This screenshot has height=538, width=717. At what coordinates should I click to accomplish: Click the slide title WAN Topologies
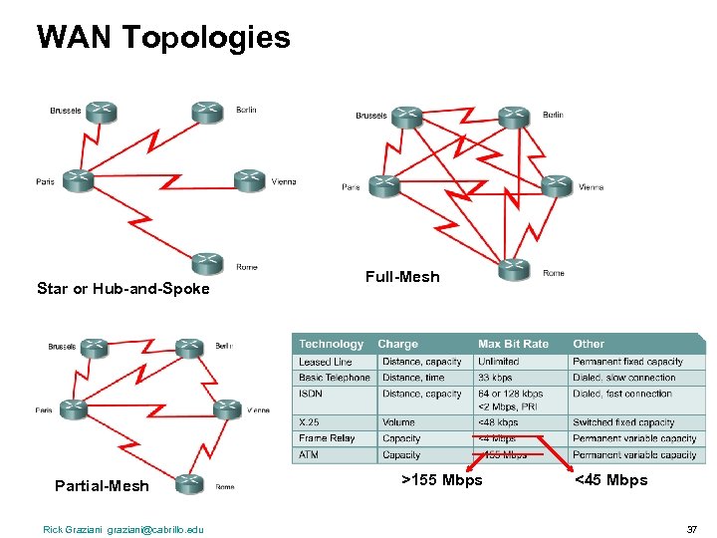(163, 37)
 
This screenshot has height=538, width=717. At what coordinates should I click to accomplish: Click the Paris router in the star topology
(78, 181)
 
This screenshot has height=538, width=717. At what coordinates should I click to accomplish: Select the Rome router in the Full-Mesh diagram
(513, 269)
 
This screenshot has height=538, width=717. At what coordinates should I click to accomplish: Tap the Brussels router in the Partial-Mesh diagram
(93, 348)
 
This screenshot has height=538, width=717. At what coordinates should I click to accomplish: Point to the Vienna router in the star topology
(249, 179)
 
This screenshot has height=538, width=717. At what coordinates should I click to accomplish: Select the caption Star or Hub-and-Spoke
(123, 289)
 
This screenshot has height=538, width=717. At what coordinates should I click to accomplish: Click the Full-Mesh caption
(402, 277)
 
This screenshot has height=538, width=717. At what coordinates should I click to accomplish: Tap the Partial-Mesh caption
(102, 486)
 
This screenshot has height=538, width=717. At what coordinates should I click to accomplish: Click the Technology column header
(332, 344)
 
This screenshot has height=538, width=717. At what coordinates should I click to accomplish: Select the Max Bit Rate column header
(513, 344)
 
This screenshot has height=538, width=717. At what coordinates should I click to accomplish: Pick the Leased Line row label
(326, 362)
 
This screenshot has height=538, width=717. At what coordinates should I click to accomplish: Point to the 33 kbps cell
(495, 378)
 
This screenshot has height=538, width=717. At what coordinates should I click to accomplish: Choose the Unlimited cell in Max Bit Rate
(499, 362)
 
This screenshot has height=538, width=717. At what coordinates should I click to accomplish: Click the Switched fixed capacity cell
(623, 422)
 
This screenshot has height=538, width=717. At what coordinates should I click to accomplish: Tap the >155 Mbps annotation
(441, 480)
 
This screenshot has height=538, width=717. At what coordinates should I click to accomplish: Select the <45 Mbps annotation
(610, 480)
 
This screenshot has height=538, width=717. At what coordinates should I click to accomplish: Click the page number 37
(691, 529)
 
